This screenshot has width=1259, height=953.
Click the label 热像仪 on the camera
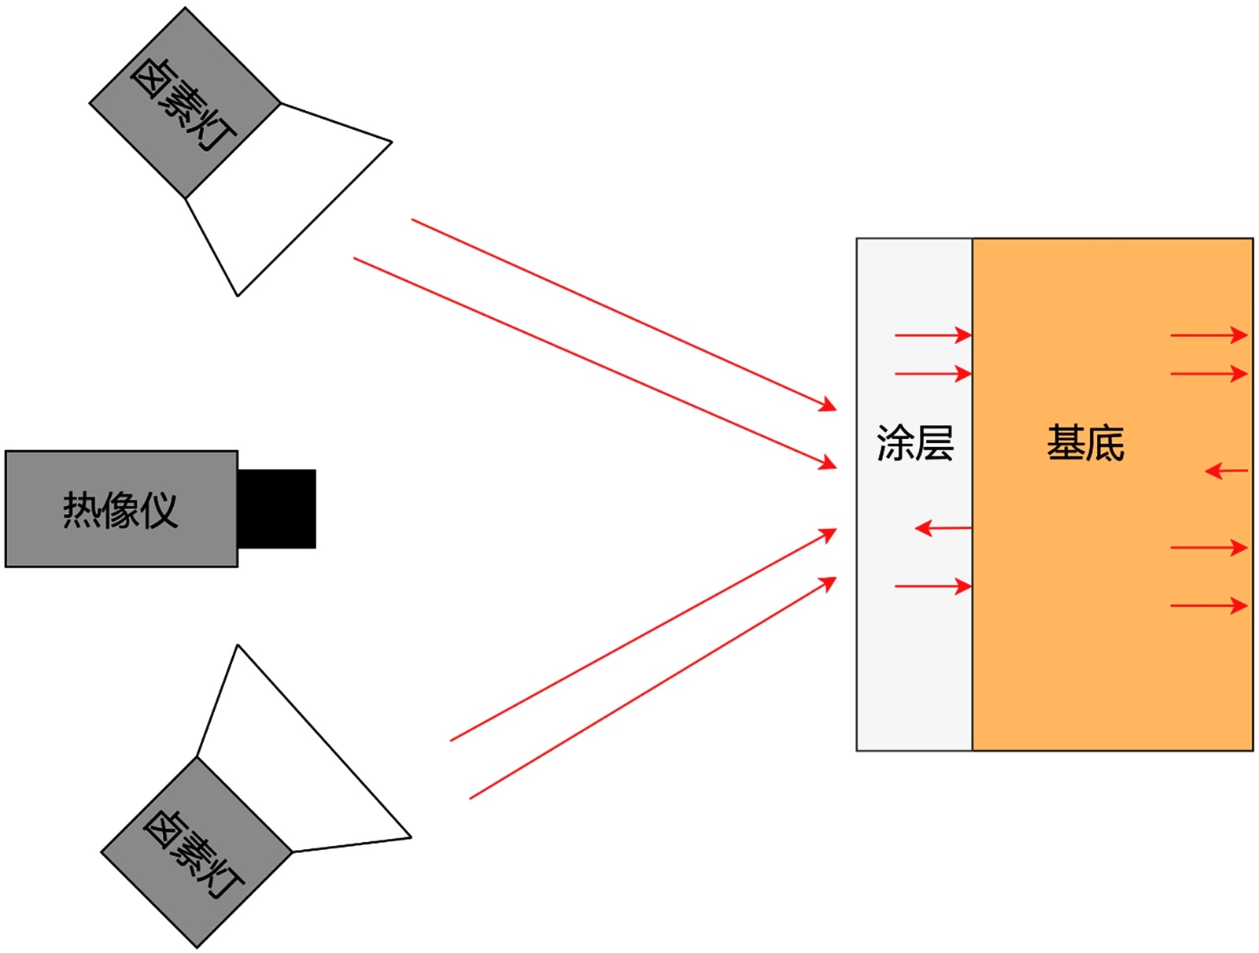[x=120, y=510]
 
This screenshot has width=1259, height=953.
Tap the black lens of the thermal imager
[x=276, y=508]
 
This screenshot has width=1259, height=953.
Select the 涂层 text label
[x=914, y=443]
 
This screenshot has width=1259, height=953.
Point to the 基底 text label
[x=1085, y=443]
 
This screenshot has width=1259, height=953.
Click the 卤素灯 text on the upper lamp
[x=183, y=103]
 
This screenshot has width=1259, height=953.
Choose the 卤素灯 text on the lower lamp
[x=194, y=854]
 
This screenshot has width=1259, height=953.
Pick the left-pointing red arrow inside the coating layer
[x=943, y=528]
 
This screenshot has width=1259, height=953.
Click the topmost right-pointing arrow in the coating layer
[x=933, y=335]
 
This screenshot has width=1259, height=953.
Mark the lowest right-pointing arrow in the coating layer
[x=933, y=586]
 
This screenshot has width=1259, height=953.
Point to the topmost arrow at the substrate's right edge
[x=1209, y=335]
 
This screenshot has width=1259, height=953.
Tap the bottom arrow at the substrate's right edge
[x=1209, y=605]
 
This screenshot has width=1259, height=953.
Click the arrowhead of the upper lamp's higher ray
[x=828, y=404]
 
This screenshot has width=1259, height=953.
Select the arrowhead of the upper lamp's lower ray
[x=828, y=462]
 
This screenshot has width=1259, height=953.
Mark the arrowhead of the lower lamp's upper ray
[x=828, y=534]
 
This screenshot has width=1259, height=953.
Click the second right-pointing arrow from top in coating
[x=933, y=373]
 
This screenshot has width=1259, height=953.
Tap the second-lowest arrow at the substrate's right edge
[x=1209, y=548]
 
